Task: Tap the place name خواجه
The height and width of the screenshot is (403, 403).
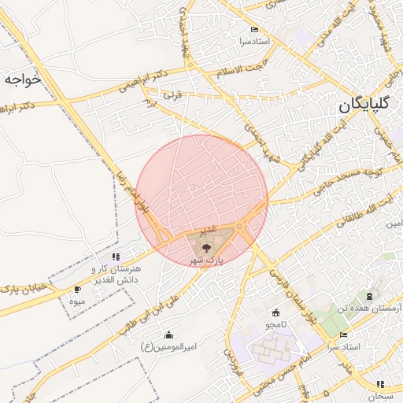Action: pyautogui.click(x=21, y=79)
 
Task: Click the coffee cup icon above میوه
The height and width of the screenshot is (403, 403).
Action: pyautogui.click(x=77, y=290)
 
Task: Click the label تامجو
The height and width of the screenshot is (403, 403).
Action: pyautogui.click(x=276, y=324)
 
